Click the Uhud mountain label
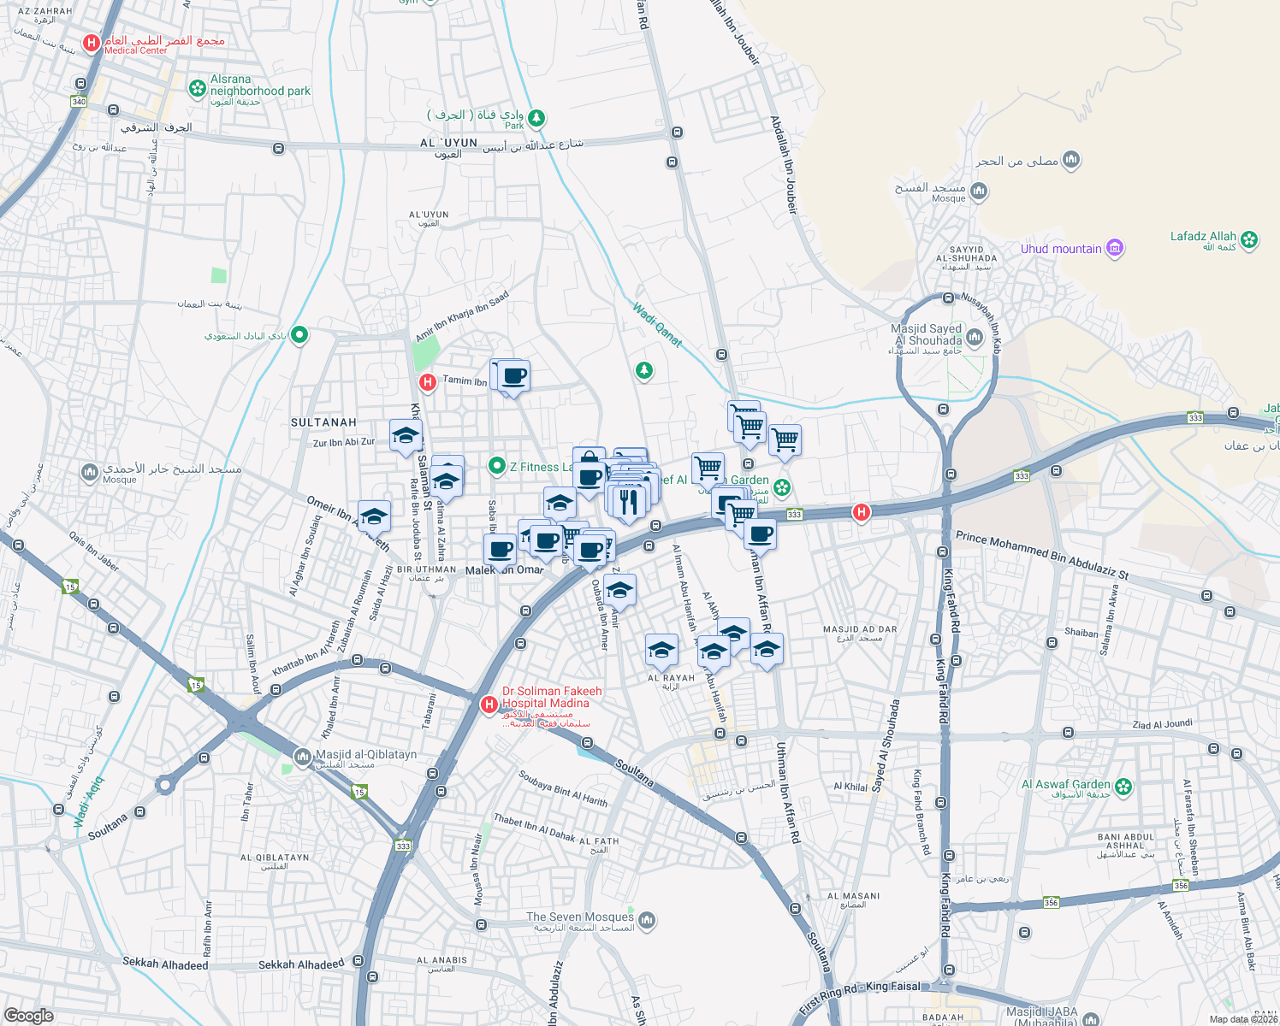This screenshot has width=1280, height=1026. pyautogui.click(x=1061, y=249)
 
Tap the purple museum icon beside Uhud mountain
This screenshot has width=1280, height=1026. pyautogui.click(x=1114, y=249)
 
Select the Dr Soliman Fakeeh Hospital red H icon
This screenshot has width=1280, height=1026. pyautogui.click(x=489, y=705)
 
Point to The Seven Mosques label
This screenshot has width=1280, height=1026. pyautogui.click(x=580, y=917)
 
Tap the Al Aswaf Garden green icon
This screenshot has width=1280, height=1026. pyautogui.click(x=1123, y=787)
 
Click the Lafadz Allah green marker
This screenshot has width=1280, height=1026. pyautogui.click(x=1249, y=240)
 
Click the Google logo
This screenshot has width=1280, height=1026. pyautogui.click(x=29, y=1016)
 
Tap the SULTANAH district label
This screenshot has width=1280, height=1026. pyautogui.click(x=323, y=422)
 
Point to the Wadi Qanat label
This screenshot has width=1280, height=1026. pyautogui.click(x=657, y=325)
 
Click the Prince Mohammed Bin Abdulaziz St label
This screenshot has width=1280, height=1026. pyautogui.click(x=1041, y=555)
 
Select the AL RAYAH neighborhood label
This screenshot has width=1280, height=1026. pyautogui.click(x=671, y=678)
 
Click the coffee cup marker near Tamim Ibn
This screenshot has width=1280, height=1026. pyautogui.click(x=514, y=376)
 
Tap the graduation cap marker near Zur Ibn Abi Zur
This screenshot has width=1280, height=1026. pyautogui.click(x=406, y=435)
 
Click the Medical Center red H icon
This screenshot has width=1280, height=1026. pyautogui.click(x=92, y=43)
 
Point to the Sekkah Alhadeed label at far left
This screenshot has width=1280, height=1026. pyautogui.click(x=165, y=964)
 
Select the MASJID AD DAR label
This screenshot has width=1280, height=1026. pyautogui.click(x=860, y=629)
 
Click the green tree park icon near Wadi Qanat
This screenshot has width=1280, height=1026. pyautogui.click(x=643, y=370)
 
